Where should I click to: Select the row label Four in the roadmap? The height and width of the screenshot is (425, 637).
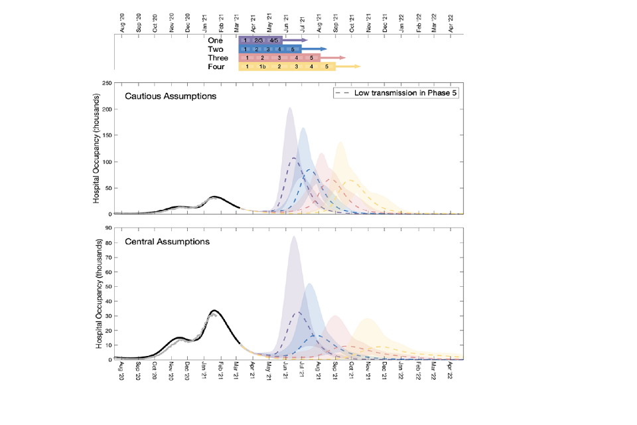(x=216, y=67)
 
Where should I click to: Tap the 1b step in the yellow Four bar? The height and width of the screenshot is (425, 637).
(x=263, y=67)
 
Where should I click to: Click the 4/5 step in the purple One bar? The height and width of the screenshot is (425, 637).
(x=274, y=41)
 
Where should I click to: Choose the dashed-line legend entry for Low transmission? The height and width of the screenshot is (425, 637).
(x=397, y=93)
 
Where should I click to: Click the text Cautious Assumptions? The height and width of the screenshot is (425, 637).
(x=170, y=96)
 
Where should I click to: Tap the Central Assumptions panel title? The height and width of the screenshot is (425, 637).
(x=167, y=241)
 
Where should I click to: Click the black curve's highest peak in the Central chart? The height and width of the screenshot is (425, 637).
(x=214, y=310)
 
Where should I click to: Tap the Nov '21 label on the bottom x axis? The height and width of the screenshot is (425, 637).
(x=368, y=370)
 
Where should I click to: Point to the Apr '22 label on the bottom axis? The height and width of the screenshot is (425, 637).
(x=451, y=370)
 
